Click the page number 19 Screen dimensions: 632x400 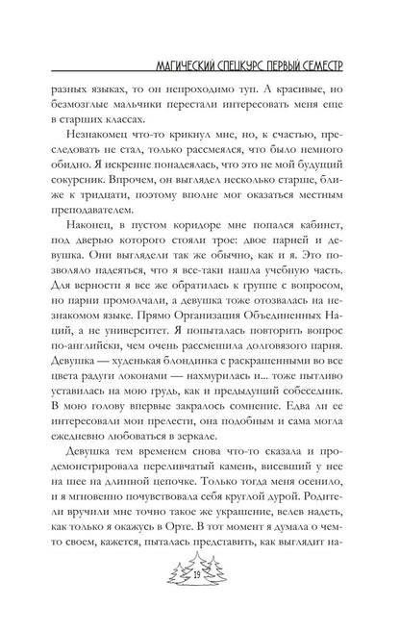[x=200, y=601]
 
